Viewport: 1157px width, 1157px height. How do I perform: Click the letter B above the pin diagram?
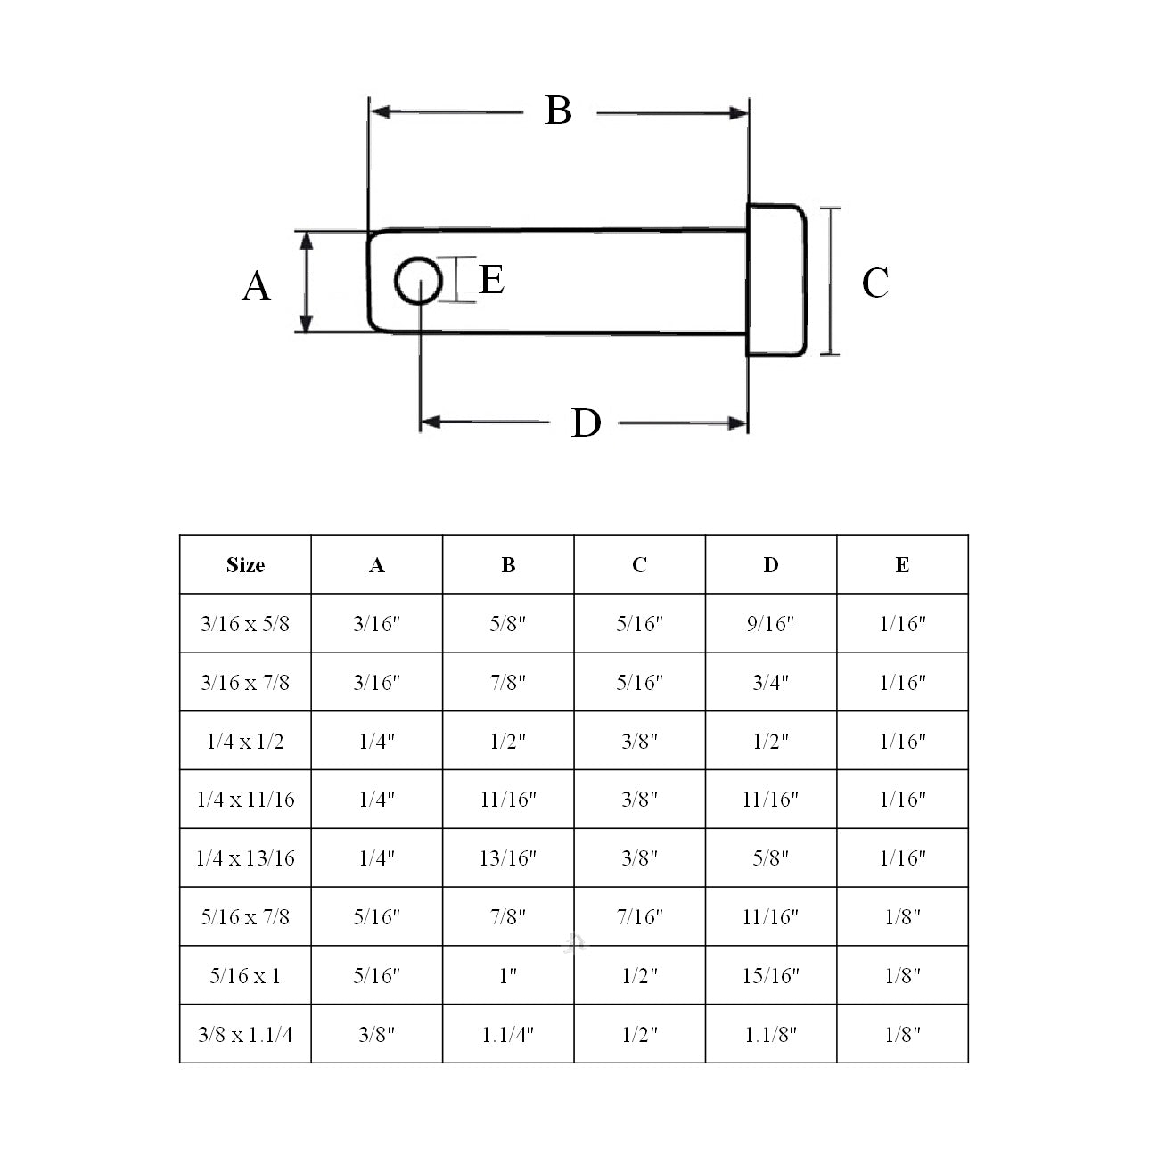558,111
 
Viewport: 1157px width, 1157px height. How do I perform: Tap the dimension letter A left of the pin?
257,286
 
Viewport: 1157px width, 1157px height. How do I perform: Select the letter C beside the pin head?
874,283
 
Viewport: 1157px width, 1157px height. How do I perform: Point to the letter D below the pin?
586,423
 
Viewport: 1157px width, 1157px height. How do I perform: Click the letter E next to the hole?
492,280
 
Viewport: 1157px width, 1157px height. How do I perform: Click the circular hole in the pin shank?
418,282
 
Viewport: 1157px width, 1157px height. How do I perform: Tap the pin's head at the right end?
776,281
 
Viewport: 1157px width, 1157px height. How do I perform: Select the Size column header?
245,565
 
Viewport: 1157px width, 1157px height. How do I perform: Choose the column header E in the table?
902,565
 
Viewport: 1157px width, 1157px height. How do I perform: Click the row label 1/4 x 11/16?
245,800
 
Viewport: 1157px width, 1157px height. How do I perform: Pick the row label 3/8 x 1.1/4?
245,1034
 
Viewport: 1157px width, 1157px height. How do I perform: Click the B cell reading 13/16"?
508,858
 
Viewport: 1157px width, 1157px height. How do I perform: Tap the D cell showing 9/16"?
771,624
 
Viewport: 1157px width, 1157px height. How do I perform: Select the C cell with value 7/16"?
640,917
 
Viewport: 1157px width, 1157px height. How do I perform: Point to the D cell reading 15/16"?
771,976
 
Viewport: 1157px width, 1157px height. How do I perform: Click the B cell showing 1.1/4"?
508,1034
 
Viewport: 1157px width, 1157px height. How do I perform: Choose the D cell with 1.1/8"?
771,1034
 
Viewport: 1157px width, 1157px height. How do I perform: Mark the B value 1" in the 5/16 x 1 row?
508,976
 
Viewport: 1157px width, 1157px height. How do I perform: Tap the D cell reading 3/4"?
771,683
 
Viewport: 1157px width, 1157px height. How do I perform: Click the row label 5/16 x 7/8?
245,917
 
